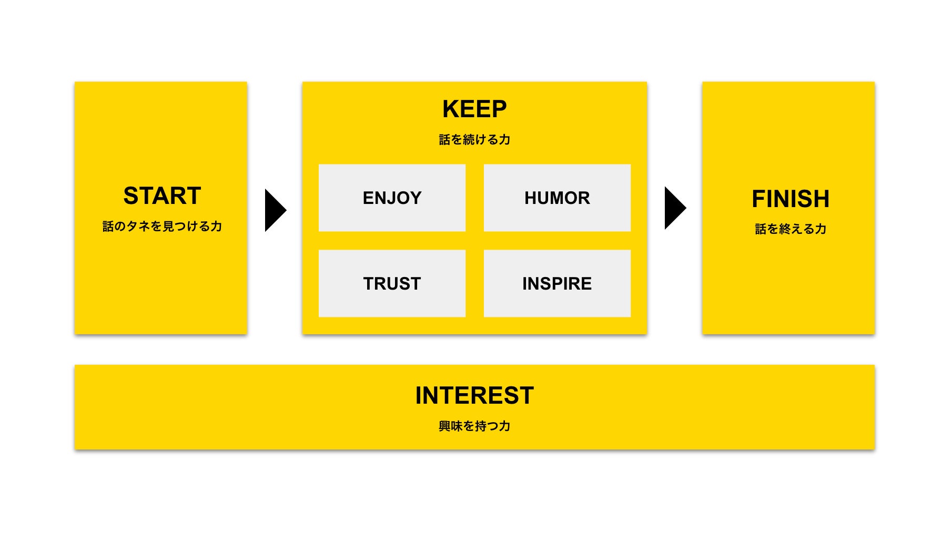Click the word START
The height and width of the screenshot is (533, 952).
tap(162, 196)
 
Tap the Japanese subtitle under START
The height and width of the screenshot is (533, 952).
tap(162, 227)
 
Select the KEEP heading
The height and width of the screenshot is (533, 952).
tap(474, 109)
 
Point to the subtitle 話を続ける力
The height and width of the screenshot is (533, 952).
tap(474, 140)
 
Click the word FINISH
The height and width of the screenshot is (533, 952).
tap(790, 199)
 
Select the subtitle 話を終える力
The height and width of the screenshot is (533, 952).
tap(790, 229)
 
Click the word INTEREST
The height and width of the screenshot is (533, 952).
tap(474, 396)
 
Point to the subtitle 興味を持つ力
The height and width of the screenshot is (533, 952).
tap(474, 426)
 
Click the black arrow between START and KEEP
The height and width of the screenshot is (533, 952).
tap(274, 210)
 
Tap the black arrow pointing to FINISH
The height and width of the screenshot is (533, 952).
tap(674, 208)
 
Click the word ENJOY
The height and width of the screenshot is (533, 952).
tap(392, 198)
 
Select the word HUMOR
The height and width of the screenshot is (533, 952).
tap(557, 198)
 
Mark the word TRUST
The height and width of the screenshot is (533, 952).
tap(392, 284)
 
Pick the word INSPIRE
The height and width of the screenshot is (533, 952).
tap(557, 284)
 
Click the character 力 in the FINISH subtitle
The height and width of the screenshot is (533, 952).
tap(821, 229)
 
